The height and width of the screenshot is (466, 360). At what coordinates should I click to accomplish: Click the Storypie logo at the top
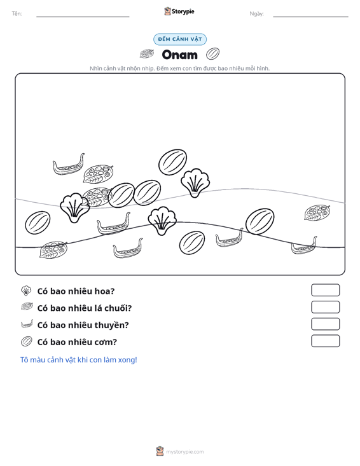179,11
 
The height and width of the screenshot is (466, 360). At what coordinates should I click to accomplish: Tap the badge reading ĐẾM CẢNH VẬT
180,39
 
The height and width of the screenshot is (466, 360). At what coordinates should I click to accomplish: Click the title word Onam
179,55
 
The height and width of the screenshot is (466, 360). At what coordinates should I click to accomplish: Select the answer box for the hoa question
325,290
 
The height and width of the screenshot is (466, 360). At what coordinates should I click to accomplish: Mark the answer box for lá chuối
325,307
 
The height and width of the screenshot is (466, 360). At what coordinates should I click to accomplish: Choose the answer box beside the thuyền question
325,324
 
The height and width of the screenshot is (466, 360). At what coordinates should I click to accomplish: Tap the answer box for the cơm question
325,341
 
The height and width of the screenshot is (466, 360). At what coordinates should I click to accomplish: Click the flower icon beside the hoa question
26,291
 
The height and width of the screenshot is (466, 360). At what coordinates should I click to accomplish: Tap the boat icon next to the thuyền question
27,324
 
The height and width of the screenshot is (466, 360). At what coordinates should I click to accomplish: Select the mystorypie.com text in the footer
185,452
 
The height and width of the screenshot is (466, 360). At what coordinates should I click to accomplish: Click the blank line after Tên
83,17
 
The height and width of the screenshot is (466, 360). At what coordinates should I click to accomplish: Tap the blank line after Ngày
310,17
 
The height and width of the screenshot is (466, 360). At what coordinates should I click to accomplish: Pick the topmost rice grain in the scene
173,162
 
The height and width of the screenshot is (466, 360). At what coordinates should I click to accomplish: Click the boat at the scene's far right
304,246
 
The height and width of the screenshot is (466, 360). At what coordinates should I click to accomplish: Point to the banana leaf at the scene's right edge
317,212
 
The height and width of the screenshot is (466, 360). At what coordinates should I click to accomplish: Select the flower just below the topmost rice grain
195,182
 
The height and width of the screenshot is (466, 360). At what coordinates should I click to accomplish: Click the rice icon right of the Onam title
212,54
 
